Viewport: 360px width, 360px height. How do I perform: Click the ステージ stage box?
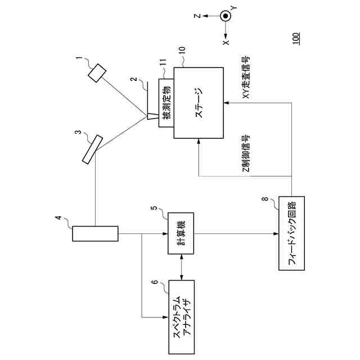point(199,102)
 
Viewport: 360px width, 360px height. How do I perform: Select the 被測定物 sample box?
point(166,102)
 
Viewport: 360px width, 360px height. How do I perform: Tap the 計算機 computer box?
point(181,233)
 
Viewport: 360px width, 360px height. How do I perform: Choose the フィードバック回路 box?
point(291,233)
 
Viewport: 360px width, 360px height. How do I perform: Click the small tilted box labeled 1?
point(97,73)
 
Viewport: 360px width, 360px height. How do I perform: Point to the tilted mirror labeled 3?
point(92,150)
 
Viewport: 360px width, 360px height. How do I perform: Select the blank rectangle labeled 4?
point(95,233)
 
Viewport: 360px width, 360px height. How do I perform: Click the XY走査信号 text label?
point(246,77)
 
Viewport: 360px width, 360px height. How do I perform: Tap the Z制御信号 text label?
point(246,154)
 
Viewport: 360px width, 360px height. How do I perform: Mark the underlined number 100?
point(296,38)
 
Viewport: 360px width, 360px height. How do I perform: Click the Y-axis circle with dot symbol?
point(225,16)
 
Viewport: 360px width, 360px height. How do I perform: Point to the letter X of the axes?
point(226,42)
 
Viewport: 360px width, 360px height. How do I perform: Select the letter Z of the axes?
point(197,16)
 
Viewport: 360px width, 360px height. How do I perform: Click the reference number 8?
point(265,199)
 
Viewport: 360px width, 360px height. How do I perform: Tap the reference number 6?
point(156,282)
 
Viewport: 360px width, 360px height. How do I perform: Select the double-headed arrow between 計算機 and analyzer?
point(182,267)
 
